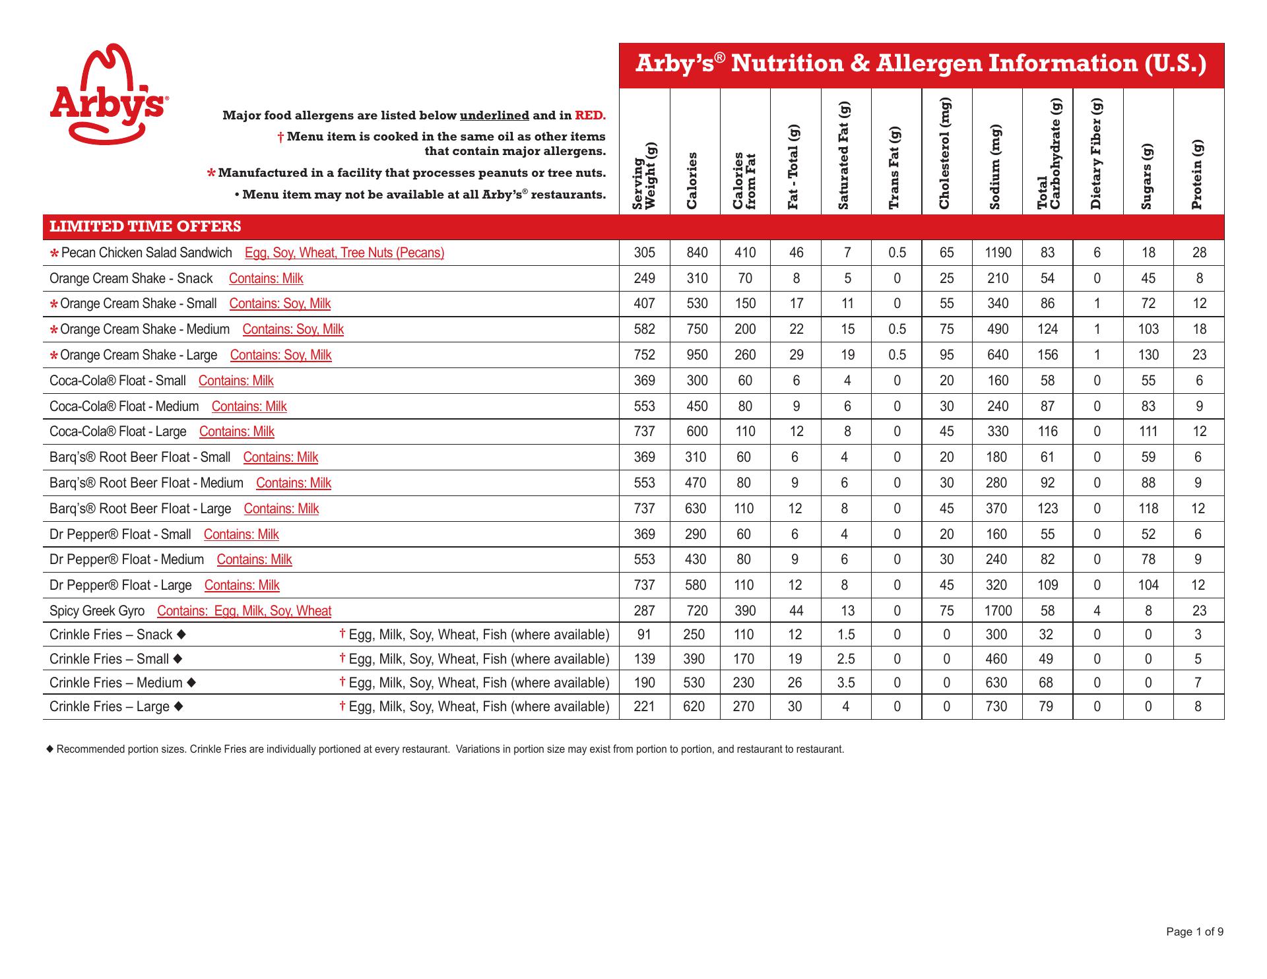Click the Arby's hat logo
click(x=108, y=93)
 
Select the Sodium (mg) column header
click(x=996, y=167)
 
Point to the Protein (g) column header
click(x=1198, y=175)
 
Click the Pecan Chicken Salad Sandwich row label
click(x=146, y=253)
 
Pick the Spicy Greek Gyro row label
click(x=97, y=611)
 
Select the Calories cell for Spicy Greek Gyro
click(x=696, y=611)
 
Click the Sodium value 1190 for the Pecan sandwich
click(x=997, y=253)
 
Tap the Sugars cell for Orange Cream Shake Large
click(x=1148, y=355)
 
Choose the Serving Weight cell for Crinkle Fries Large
click(x=644, y=707)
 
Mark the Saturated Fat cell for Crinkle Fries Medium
click(x=846, y=683)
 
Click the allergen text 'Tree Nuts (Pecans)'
click(x=393, y=253)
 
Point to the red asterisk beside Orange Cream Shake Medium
click(x=54, y=330)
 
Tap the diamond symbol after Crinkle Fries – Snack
click(x=181, y=635)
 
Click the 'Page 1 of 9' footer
click(x=1194, y=932)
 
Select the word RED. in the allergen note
click(x=590, y=115)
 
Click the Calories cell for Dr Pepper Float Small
click(x=696, y=534)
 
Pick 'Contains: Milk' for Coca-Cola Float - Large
click(x=236, y=432)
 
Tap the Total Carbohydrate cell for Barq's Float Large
click(x=1047, y=509)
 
